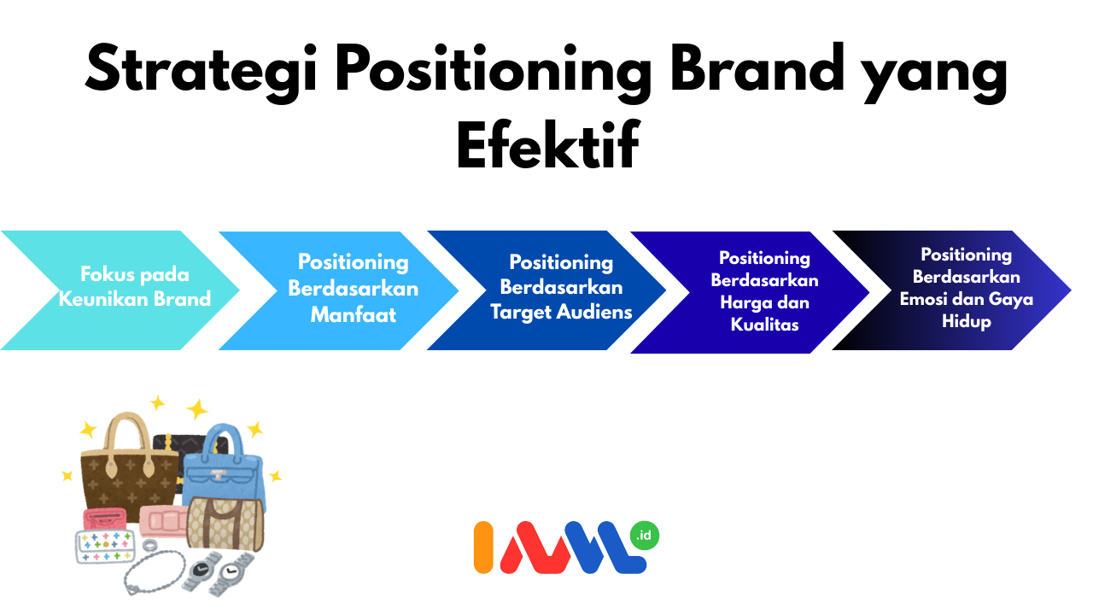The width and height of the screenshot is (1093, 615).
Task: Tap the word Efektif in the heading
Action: (x=547, y=144)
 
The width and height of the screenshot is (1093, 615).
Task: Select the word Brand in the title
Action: (x=757, y=67)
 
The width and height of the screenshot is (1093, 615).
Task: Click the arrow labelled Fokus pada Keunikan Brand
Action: (x=120, y=290)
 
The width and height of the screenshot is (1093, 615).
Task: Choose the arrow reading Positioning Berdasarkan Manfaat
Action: (x=339, y=291)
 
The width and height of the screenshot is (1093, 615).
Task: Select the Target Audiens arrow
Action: (x=546, y=290)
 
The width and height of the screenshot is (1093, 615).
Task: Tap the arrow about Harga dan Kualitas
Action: (x=750, y=292)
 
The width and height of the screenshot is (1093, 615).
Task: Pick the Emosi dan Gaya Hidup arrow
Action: (x=952, y=290)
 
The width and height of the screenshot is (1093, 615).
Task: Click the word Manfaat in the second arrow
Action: (x=354, y=315)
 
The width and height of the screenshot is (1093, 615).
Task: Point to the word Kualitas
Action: (x=764, y=325)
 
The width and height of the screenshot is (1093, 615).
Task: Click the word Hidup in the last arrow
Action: (x=966, y=322)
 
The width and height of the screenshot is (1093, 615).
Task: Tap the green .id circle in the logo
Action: (x=645, y=536)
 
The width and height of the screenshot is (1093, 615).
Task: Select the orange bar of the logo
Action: (x=483, y=548)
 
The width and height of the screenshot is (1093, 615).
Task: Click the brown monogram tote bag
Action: (x=129, y=469)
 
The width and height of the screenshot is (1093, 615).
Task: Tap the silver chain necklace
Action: (x=155, y=572)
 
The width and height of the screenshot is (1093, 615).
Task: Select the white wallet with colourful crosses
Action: (x=104, y=546)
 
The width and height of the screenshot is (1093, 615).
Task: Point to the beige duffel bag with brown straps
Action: (x=225, y=524)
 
